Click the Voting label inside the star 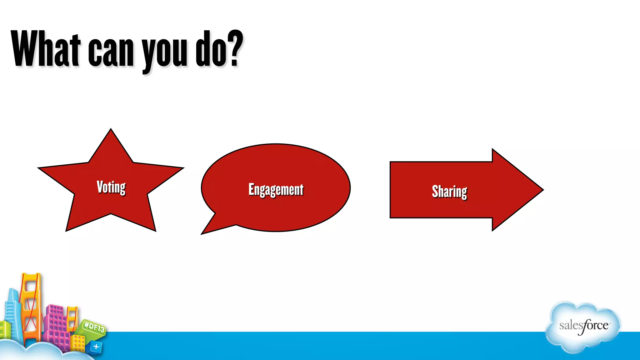click(111, 187)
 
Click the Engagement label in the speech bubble click(276, 190)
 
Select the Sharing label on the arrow click(449, 192)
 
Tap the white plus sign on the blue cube click(96, 346)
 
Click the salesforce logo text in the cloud click(584, 326)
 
